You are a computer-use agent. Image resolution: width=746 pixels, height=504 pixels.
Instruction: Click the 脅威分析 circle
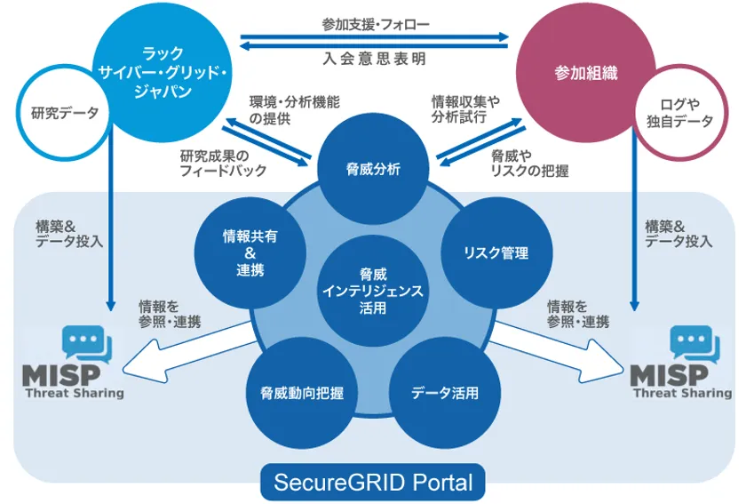tap(373, 168)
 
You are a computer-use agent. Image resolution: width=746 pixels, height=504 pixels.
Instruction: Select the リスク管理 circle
tap(496, 253)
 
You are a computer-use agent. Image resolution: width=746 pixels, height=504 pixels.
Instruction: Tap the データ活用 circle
tap(444, 392)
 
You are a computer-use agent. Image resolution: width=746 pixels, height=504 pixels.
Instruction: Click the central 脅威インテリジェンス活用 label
tap(373, 291)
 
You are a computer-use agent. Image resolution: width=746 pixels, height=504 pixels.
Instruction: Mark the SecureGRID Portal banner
tap(373, 483)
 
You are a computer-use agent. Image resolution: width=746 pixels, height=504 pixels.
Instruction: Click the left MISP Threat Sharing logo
tap(75, 364)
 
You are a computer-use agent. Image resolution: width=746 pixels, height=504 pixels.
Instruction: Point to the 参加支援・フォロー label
tap(375, 25)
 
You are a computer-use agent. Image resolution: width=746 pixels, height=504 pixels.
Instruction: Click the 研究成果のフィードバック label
tap(222, 163)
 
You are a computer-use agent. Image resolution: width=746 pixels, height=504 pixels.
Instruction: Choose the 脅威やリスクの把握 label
tap(530, 163)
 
